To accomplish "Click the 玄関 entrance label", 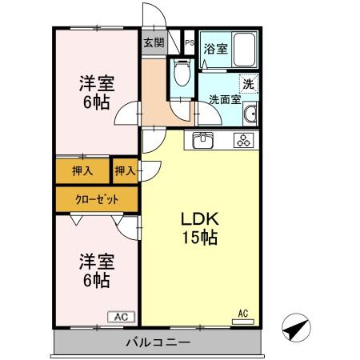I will (154, 43).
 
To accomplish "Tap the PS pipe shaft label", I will (189, 43).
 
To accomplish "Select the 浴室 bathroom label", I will (214, 49).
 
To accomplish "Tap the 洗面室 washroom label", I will (225, 100).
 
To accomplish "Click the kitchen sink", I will (202, 142).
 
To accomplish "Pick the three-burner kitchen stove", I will (242, 142).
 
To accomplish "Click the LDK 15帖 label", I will (198, 228).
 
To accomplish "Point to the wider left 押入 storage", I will (82, 170).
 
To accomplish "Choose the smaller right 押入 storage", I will (124, 170).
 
